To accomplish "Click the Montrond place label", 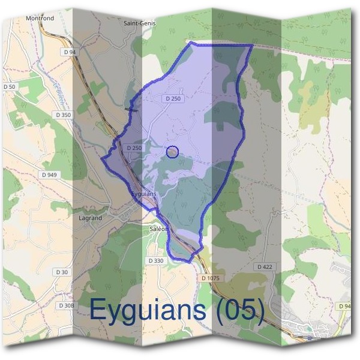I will (40, 19).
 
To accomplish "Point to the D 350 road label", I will (62, 115).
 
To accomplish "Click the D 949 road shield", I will (50, 175).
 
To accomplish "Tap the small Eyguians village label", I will (143, 194).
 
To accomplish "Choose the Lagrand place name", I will (90, 218).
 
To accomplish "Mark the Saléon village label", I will (159, 229).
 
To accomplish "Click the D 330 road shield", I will (155, 261).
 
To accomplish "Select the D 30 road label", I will (62, 272).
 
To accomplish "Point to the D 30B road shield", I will (66, 305).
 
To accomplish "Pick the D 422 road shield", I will (264, 266).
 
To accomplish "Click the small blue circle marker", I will (172, 152).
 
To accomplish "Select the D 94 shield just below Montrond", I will (70, 52).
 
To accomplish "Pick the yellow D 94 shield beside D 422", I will (344, 306).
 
